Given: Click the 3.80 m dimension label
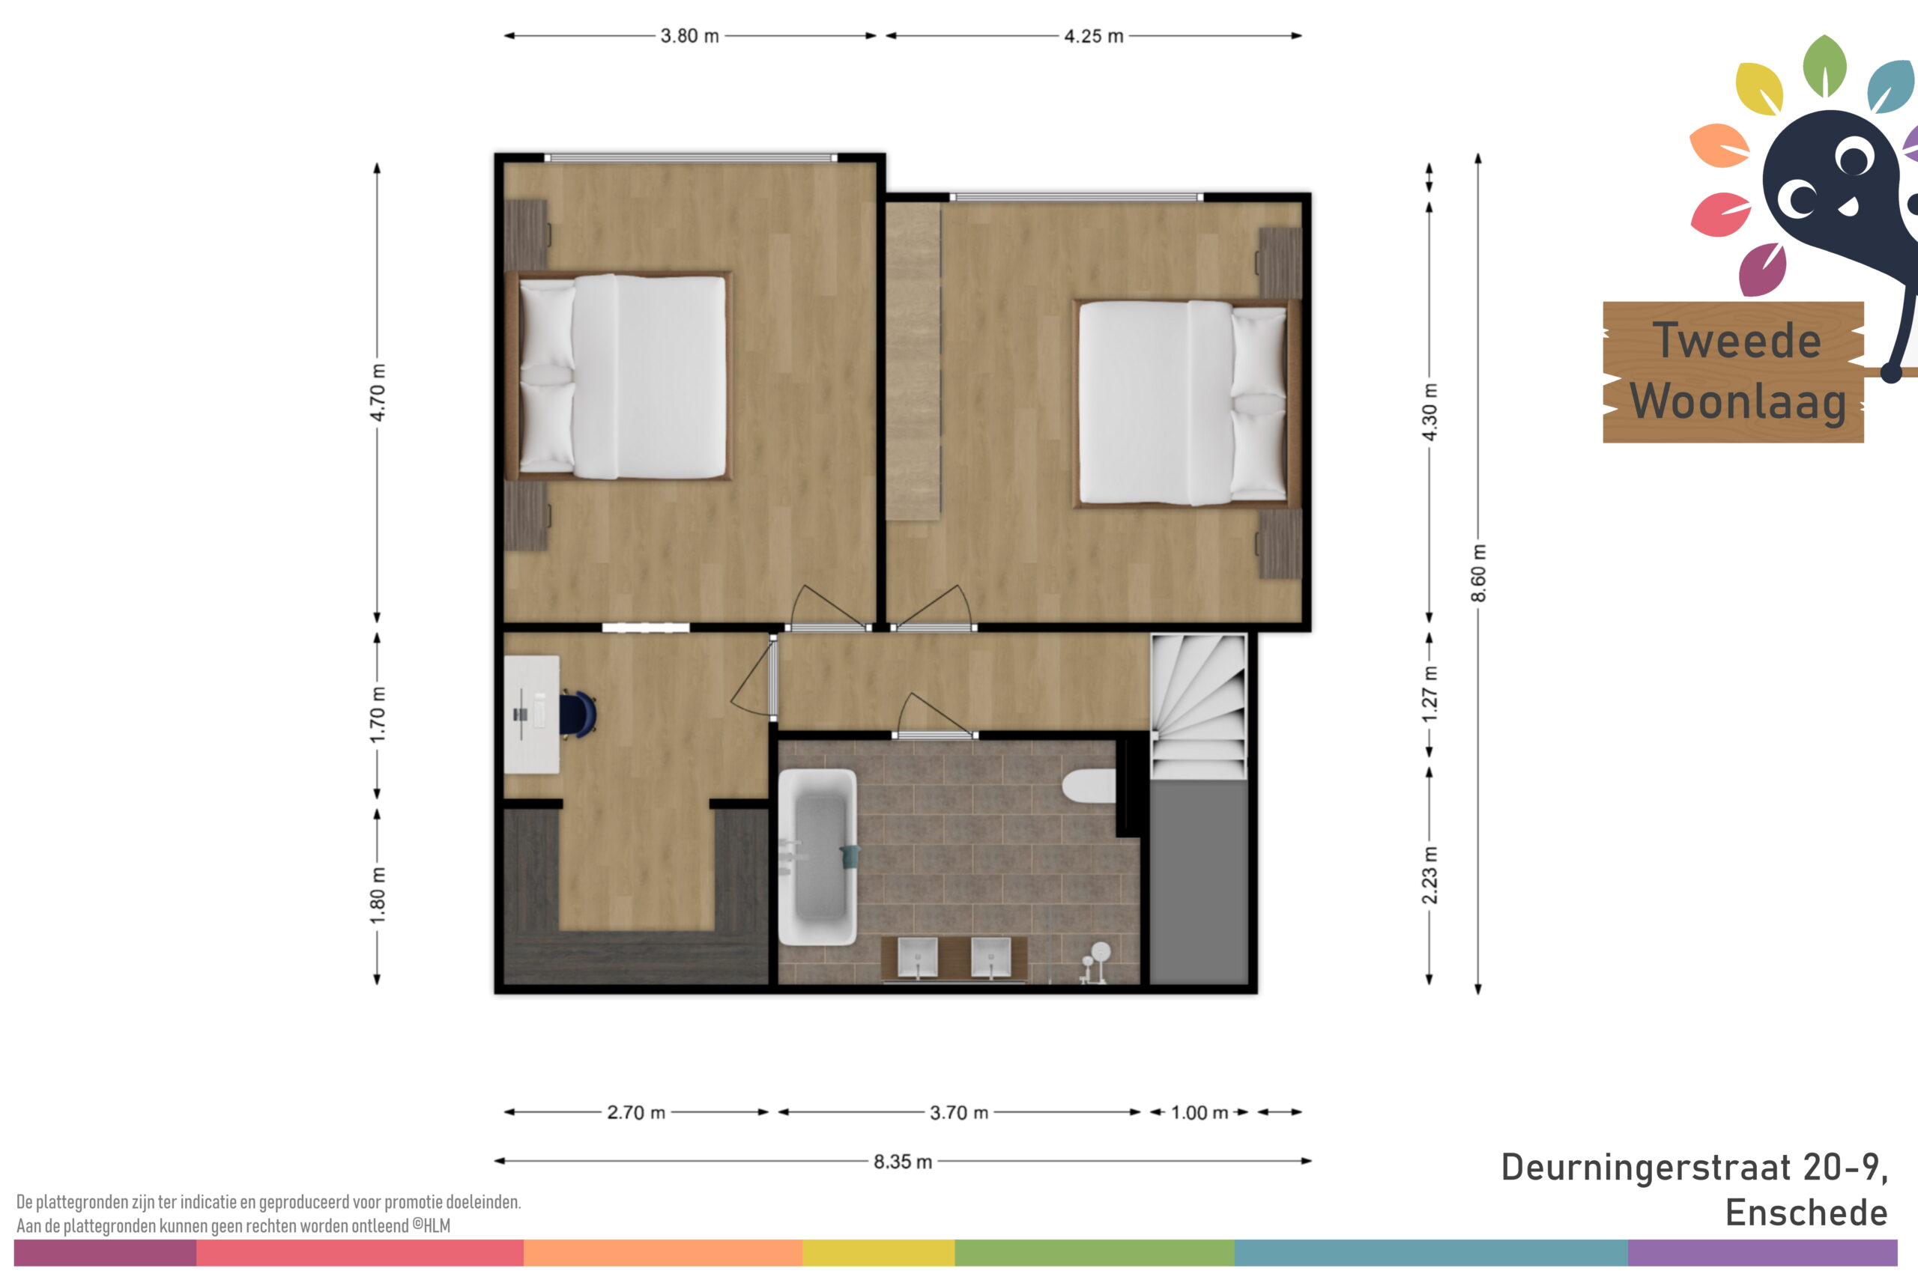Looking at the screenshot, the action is (689, 36).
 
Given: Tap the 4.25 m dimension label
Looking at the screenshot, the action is (1093, 36).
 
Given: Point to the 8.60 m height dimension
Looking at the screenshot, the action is (1478, 573).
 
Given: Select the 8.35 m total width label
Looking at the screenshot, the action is (902, 1161).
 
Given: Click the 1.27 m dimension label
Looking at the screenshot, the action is (1429, 694).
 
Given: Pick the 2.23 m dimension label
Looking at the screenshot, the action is (1429, 875).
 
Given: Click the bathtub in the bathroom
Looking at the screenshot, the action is (817, 856).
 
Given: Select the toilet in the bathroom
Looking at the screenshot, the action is (1089, 786).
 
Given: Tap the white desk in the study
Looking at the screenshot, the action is (531, 715).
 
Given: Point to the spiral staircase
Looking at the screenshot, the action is (1198, 708).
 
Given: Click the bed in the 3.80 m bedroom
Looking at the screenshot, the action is (618, 375).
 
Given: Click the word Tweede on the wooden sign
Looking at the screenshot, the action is (1736, 339).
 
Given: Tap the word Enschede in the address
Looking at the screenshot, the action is (1806, 1213).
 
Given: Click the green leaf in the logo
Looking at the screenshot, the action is (1824, 65).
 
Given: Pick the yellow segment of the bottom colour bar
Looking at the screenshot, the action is (879, 1252).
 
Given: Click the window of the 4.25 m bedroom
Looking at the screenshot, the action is (1076, 198).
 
